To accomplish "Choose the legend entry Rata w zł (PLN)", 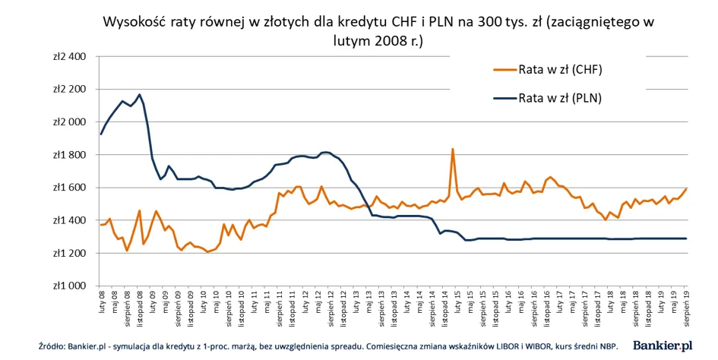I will pyautogui.click(x=561, y=97).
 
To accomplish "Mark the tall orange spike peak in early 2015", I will pyautogui.click(x=453, y=149).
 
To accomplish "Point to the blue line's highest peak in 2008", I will pyautogui.click(x=139, y=94).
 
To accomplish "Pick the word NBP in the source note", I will pyautogui.click(x=608, y=346).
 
